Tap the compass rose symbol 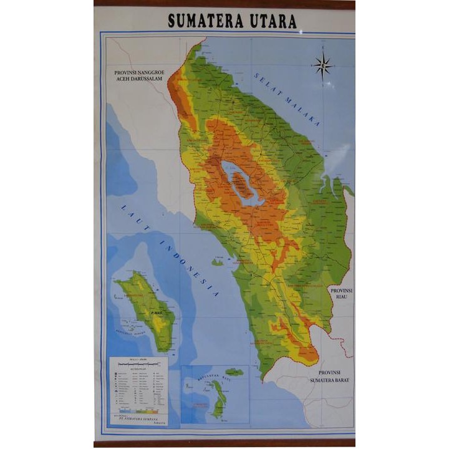[322, 65]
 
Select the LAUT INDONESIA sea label [170, 249]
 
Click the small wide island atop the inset [234, 372]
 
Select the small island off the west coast [217, 263]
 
